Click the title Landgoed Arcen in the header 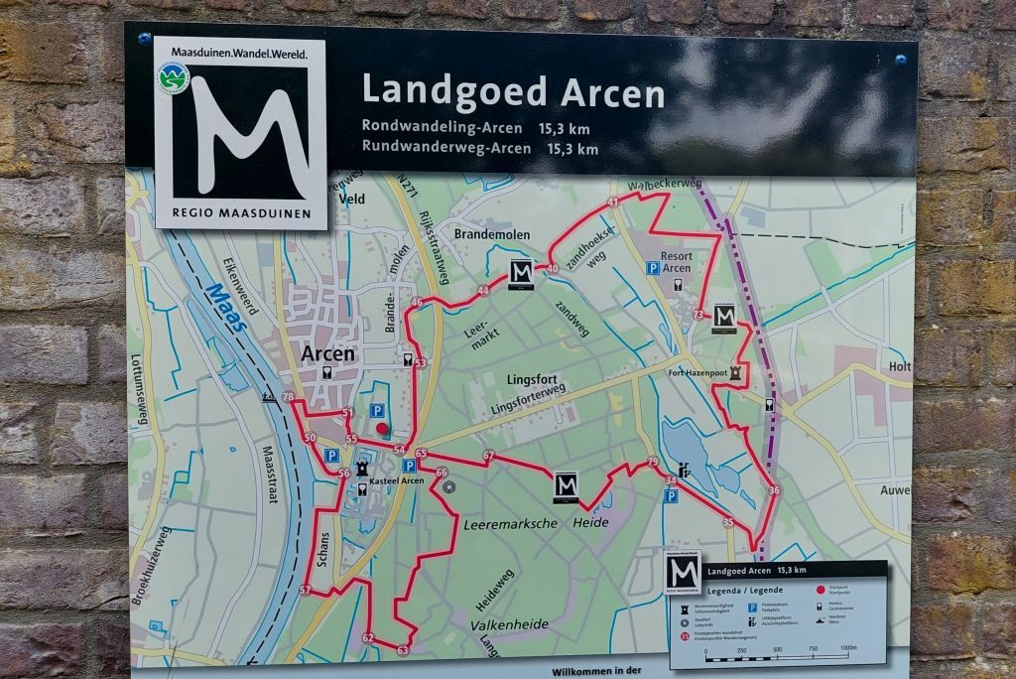[512, 91]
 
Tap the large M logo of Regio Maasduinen [240, 132]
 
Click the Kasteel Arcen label [396, 481]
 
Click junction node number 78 [288, 398]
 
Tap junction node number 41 [612, 202]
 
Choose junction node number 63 [402, 650]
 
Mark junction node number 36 [774, 490]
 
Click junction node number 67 [488, 456]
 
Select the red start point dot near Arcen [382, 429]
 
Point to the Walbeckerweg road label [665, 184]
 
